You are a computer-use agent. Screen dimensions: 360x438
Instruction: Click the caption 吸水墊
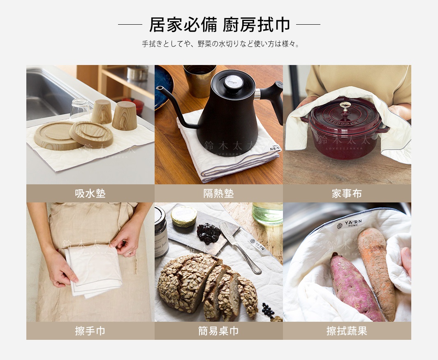(90, 193)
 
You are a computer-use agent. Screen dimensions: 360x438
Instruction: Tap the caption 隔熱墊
(218, 193)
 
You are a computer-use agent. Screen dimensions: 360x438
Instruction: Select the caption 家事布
(347, 193)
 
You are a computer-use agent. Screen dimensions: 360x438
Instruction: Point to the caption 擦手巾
(90, 331)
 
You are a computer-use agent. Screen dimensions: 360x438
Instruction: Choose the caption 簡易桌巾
(218, 331)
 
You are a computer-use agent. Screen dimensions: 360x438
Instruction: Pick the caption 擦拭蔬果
(347, 331)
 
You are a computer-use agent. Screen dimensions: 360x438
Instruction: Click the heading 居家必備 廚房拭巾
(219, 25)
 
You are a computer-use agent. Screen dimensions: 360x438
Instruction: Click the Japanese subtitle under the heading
(219, 44)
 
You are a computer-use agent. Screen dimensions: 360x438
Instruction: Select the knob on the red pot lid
(345, 105)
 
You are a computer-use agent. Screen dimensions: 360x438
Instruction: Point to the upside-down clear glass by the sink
(79, 109)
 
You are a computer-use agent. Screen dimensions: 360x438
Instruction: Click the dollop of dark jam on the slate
(208, 233)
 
